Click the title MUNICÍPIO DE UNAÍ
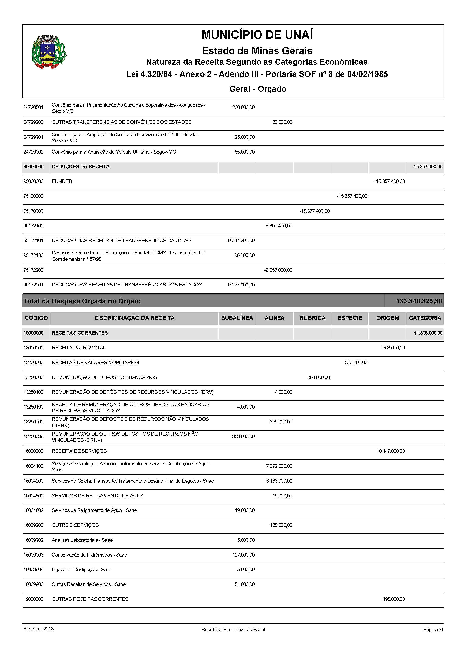[x=257, y=35]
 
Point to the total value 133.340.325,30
[x=419, y=301]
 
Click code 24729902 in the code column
[x=33, y=152]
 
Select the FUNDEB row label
[x=62, y=181]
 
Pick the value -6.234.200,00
[x=241, y=240]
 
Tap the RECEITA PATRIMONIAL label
[x=79, y=348]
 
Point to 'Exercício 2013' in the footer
[x=39, y=629]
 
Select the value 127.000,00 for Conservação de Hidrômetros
[x=243, y=555]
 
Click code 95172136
[x=33, y=255]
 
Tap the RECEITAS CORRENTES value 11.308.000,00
[x=428, y=333]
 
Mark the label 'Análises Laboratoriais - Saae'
[x=82, y=540]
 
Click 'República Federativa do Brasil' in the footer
[x=233, y=630]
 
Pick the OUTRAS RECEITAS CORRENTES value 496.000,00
[x=393, y=599]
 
